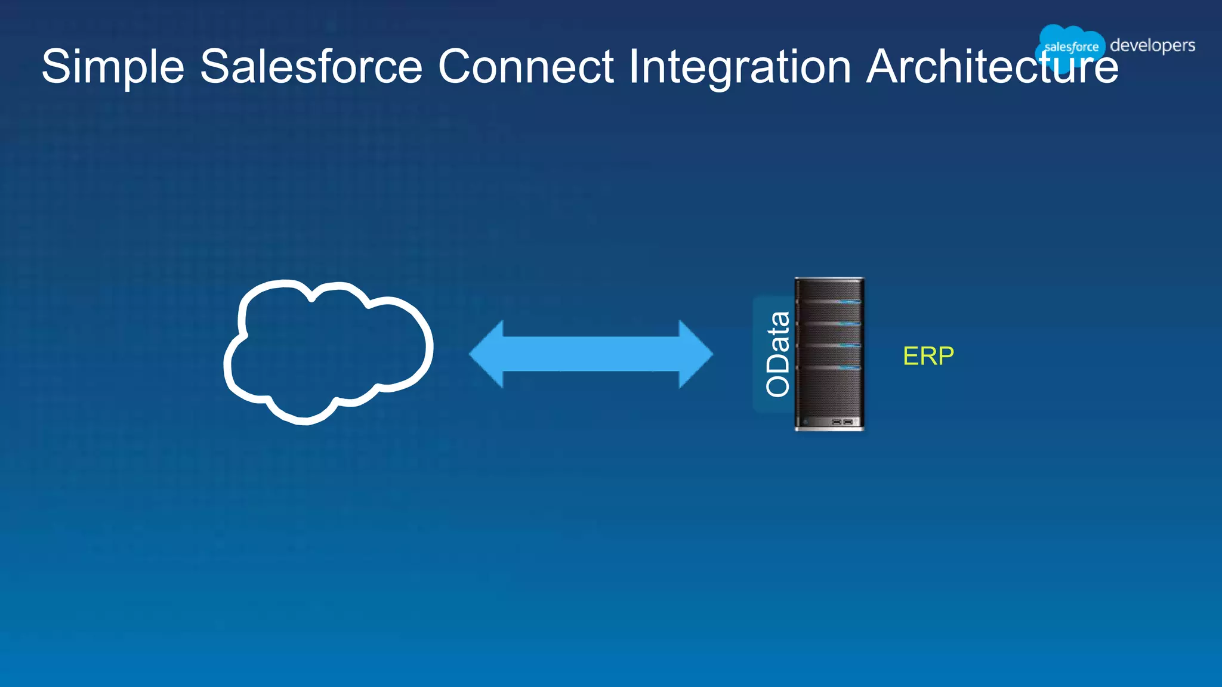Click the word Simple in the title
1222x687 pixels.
point(113,67)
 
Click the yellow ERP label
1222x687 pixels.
point(928,356)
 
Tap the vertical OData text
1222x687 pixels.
point(777,354)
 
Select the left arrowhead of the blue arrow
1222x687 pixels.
point(486,354)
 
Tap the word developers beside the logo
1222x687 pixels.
point(1152,45)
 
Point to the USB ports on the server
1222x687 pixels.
point(842,422)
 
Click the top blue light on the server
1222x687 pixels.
point(848,302)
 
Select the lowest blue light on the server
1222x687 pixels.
point(848,367)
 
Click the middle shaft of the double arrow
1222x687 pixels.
point(591,354)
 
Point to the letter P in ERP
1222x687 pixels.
point(946,356)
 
